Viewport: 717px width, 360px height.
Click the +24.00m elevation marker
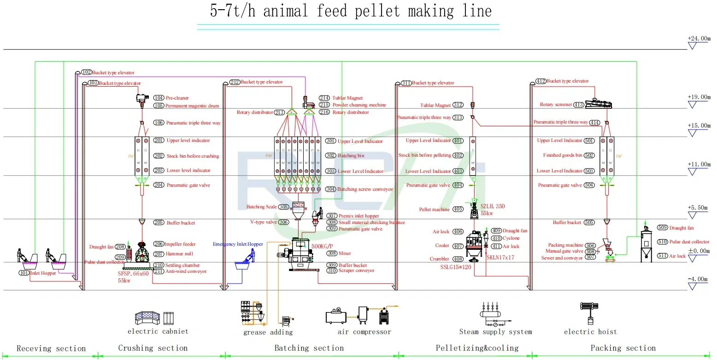pos(699,39)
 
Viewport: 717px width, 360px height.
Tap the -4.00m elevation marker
pos(699,279)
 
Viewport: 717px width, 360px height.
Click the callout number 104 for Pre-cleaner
pos(159,98)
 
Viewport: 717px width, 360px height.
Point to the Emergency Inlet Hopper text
pos(238,244)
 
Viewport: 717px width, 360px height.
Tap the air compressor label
pos(364,332)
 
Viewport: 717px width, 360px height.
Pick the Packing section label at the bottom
pos(623,348)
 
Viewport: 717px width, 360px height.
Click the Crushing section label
pos(153,348)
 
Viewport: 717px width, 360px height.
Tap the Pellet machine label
pos(434,210)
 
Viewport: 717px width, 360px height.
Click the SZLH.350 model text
pos(493,207)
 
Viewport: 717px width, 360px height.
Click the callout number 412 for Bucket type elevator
pos(541,81)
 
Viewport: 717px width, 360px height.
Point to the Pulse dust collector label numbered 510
pos(689,242)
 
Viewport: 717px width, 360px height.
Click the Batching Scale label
pos(261,207)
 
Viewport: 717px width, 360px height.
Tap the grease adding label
pos(268,332)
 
